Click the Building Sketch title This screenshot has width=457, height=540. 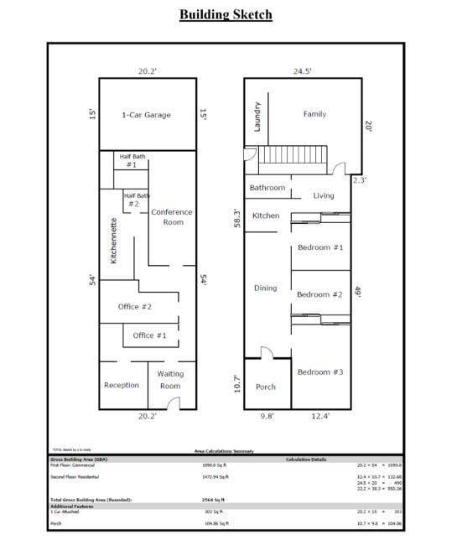[226, 14]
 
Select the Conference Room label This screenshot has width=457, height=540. [172, 217]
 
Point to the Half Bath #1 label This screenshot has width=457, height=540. [132, 161]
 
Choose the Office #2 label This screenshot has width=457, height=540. [134, 307]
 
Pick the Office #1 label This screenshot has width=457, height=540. [150, 335]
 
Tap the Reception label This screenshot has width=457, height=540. [122, 386]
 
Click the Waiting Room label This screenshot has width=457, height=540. [170, 380]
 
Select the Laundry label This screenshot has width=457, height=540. [257, 116]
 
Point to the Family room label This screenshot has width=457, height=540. [314, 114]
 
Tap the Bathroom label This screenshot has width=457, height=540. [267, 188]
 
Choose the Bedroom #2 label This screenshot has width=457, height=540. [319, 295]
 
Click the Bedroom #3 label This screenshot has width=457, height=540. [319, 372]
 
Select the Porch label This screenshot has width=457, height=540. [265, 387]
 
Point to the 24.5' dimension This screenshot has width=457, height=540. [302, 71]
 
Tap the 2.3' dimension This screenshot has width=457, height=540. [360, 180]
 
